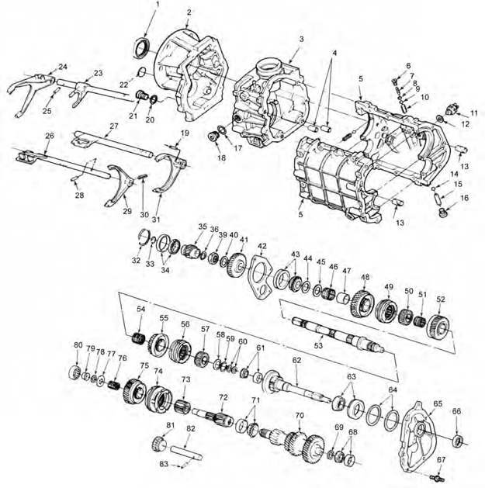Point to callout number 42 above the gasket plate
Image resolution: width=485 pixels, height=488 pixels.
pyautogui.click(x=262, y=247)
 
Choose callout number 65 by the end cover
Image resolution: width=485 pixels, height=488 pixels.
pyautogui.click(x=438, y=404)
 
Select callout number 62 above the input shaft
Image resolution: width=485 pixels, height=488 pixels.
pyautogui.click(x=296, y=361)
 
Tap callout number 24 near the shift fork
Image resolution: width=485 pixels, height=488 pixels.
pyautogui.click(x=63, y=67)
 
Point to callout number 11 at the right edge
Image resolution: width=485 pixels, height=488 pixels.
pyautogui.click(x=473, y=114)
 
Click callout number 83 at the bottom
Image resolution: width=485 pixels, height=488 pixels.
pyautogui.click(x=164, y=463)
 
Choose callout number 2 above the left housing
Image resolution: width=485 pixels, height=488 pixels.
pyautogui.click(x=189, y=12)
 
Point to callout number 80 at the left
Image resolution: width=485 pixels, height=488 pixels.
pyautogui.click(x=78, y=345)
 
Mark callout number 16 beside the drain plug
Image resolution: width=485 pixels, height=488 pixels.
pyautogui.click(x=465, y=198)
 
